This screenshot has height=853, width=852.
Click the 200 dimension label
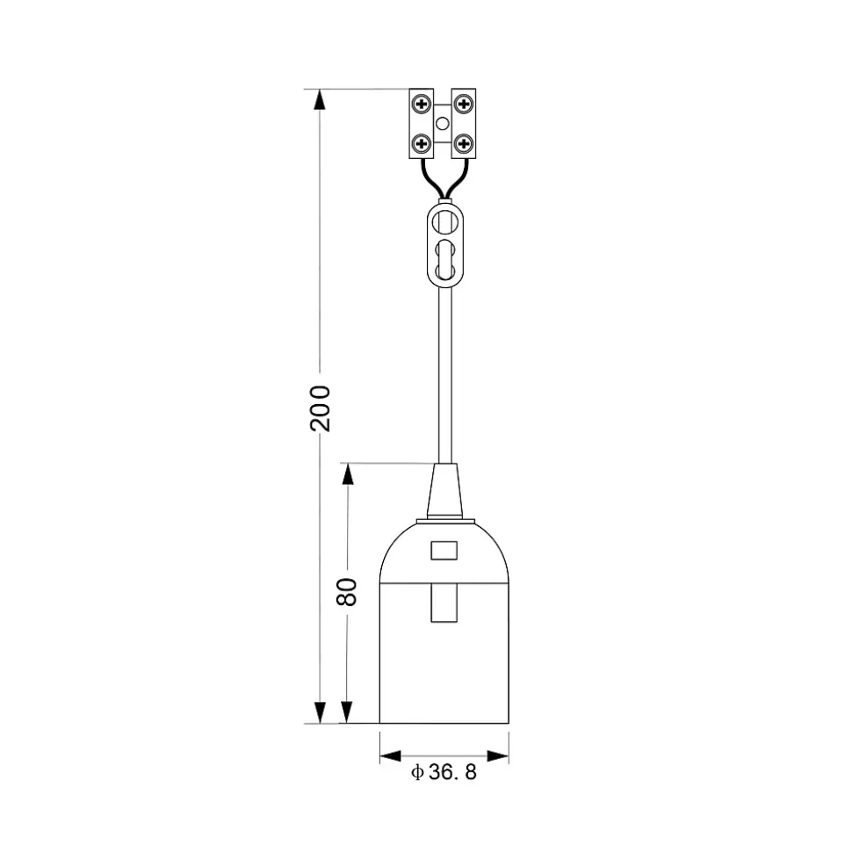coord(320,408)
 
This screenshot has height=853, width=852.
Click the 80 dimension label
coord(347,592)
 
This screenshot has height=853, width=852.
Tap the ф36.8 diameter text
coord(444,772)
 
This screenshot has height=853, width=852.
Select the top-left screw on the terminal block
coord(422,104)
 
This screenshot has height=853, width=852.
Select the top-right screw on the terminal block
coord(464,104)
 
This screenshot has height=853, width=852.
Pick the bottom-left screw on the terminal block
coord(422,143)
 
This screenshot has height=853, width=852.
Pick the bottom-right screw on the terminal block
coord(464,143)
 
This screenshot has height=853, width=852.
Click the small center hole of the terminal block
coord(443,124)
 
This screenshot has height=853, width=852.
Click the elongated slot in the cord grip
coord(445,259)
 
